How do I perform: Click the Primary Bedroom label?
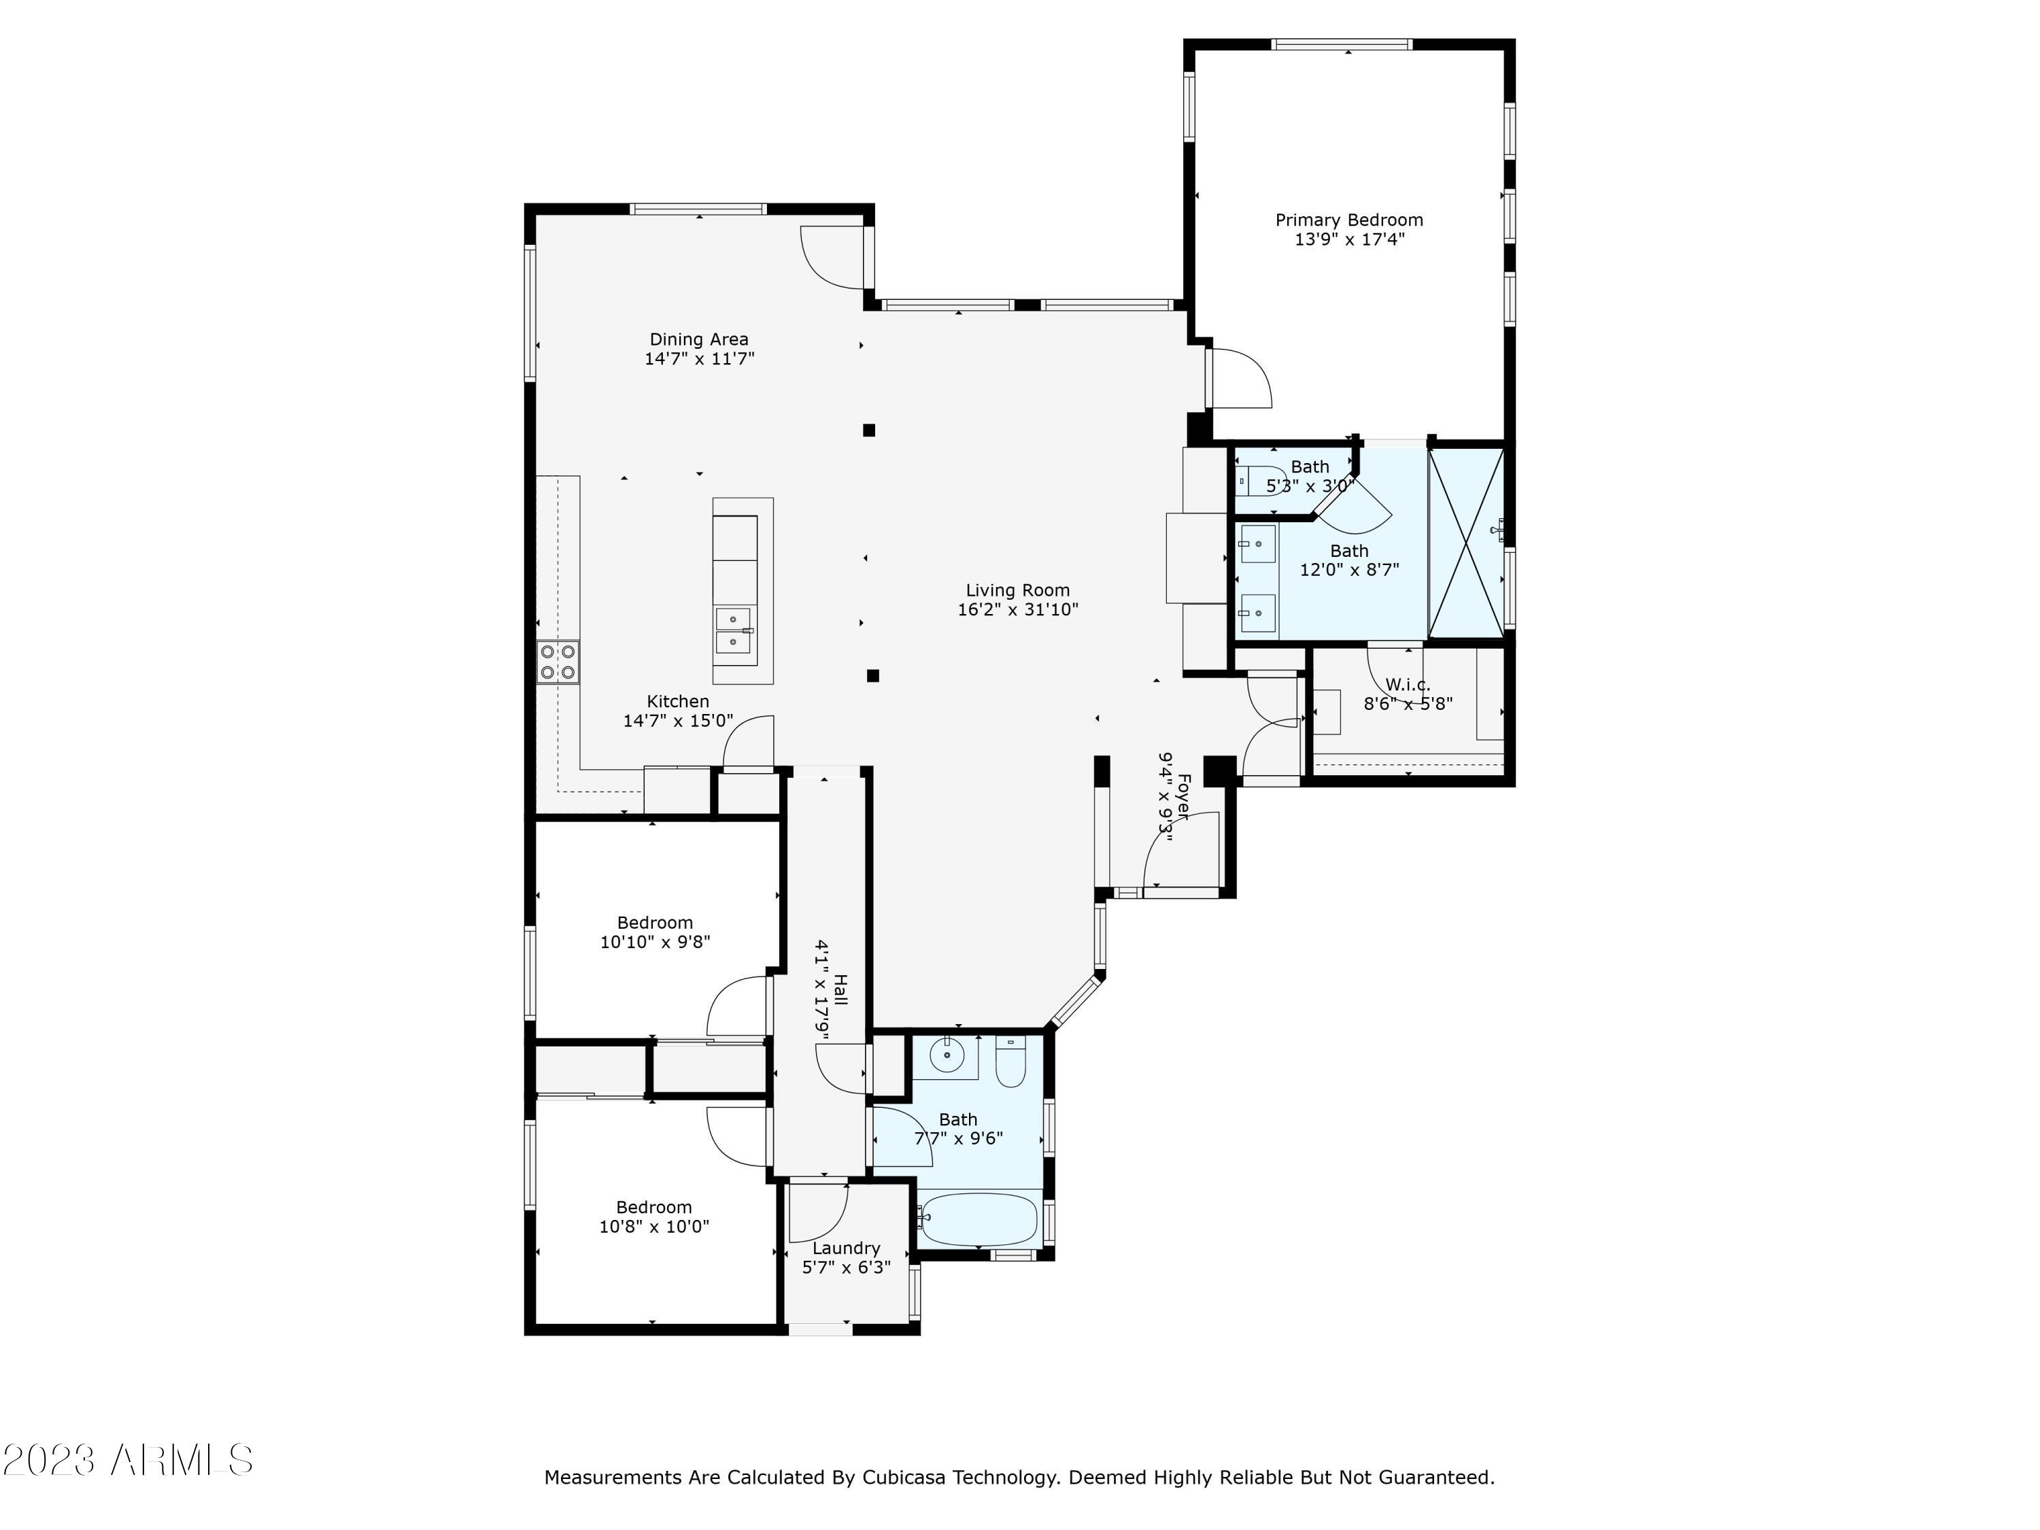click(x=1348, y=220)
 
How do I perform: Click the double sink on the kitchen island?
click(x=733, y=630)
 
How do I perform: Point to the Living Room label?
click(x=1017, y=590)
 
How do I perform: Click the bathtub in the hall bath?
click(x=979, y=1219)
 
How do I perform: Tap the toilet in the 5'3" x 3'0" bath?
click(x=1261, y=481)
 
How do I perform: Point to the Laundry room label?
click(x=846, y=1248)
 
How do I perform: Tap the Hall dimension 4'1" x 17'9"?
click(x=821, y=989)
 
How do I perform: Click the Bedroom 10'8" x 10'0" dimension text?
click(x=654, y=1227)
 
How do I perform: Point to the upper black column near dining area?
click(x=869, y=430)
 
